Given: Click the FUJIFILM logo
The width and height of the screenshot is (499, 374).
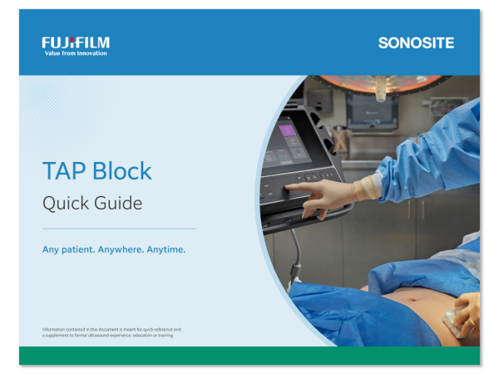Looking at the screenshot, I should pos(76,42).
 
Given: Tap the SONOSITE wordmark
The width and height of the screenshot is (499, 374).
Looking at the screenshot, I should pos(416,42).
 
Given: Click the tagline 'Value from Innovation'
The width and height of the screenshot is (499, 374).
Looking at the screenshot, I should pos(75,52).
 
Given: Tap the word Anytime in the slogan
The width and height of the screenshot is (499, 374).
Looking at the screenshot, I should pos(166,249).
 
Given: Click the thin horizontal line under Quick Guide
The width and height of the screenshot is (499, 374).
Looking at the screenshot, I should pos(119,229).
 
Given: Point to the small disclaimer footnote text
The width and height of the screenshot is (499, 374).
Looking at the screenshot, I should pos(111,332).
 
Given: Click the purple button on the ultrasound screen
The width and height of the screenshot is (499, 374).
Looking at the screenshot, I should pos(288,130).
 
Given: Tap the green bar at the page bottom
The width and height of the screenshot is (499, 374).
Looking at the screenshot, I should pos(249,355).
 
